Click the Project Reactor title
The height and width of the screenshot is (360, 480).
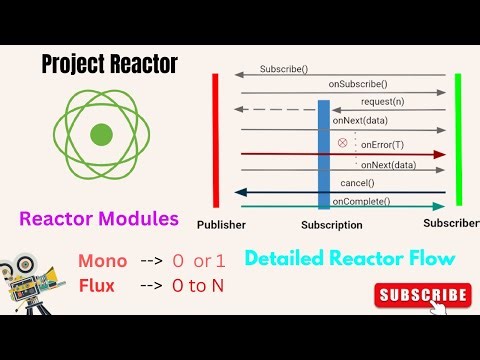coord(110,65)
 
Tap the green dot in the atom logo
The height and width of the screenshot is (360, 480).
coord(101,134)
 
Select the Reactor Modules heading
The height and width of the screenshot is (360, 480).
coord(98,218)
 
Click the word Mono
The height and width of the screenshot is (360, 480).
coord(103,261)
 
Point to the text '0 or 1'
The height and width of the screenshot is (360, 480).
coord(199,261)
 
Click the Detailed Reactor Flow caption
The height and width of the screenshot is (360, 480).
coord(349,258)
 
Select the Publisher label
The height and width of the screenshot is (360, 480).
coord(221,225)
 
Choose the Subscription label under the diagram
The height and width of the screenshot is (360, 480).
coord(331,225)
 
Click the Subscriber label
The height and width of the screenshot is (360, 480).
coord(450,222)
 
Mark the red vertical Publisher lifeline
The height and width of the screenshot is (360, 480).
coord(215,139)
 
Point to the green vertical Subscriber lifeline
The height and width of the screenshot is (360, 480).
coord(458,139)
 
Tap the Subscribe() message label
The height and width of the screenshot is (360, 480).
coord(284,69)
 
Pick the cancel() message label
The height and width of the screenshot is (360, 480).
coord(357,184)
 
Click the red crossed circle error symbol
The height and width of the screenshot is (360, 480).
coord(342,143)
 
